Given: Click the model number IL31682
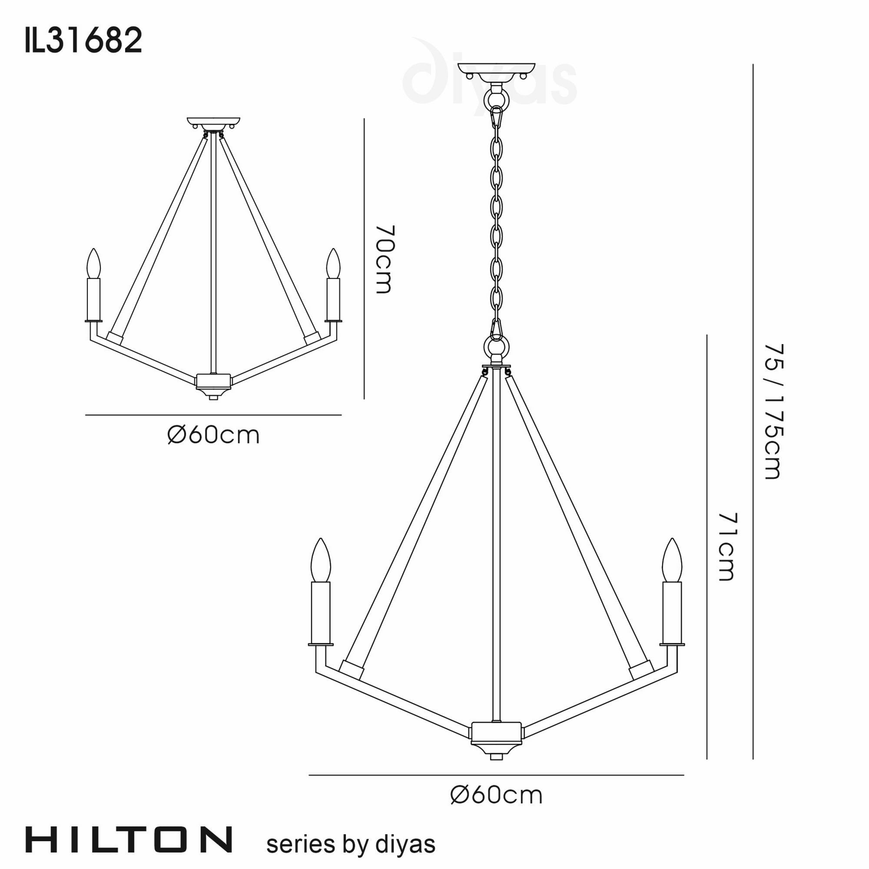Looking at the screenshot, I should click(x=84, y=40).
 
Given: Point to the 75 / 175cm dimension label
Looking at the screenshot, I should click(x=774, y=411).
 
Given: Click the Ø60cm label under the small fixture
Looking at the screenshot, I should click(x=213, y=435).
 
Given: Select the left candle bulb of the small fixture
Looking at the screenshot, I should click(x=93, y=264).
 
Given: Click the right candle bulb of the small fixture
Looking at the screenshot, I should click(x=333, y=264).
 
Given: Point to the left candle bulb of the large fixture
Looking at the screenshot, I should click(x=321, y=561).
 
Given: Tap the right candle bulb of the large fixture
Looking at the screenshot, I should click(x=672, y=561).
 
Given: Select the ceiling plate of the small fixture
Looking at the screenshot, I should click(x=213, y=122).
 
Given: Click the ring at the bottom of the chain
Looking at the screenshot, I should click(x=496, y=347).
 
